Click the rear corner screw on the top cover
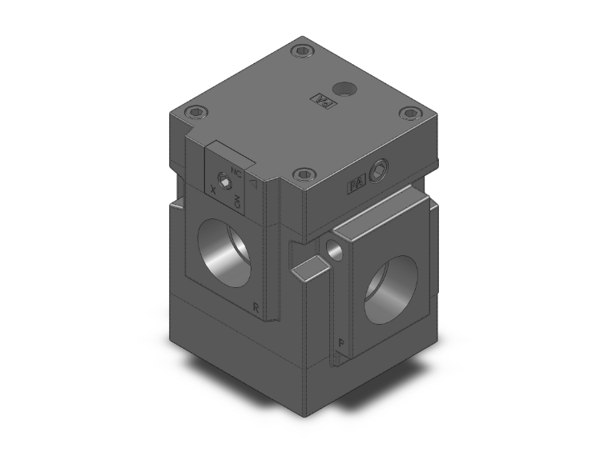(301, 52)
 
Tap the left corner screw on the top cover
(192, 113)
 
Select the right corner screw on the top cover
(409, 113)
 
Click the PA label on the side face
(356, 185)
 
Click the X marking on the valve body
(212, 190)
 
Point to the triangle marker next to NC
(253, 183)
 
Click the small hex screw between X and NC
(226, 186)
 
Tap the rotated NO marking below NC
(238, 203)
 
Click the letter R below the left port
(255, 306)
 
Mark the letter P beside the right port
(341, 342)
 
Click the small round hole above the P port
(335, 252)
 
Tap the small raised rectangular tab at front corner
(311, 269)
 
